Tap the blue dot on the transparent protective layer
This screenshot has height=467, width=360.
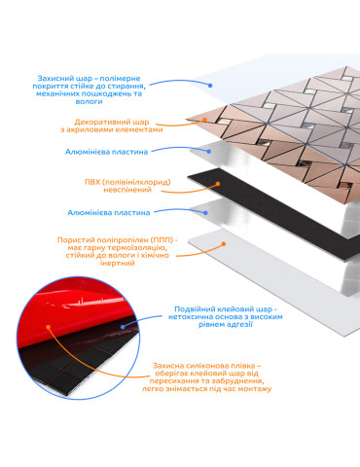pos(210,86)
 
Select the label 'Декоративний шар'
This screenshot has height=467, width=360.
pos(112,123)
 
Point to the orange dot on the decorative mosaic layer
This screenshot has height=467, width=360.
pos(204,120)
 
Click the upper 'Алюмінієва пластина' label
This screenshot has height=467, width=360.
pos(106,152)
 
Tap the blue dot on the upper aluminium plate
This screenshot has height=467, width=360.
pos(209,152)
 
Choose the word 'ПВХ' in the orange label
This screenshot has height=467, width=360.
pos(92,182)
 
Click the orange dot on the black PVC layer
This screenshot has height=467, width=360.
pos(218,184)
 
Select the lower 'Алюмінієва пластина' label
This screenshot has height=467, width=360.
pos(109,213)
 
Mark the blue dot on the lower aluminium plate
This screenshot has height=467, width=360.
pos(205,213)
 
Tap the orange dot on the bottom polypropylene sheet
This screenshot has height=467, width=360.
pos(223,244)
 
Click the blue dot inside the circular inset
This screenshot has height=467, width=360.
pos(123,327)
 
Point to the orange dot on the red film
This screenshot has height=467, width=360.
pos(49,327)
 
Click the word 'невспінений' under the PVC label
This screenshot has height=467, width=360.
pos(127,190)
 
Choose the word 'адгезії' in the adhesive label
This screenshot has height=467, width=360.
pos(239,325)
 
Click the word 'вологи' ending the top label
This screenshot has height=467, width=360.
pos(89,101)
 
